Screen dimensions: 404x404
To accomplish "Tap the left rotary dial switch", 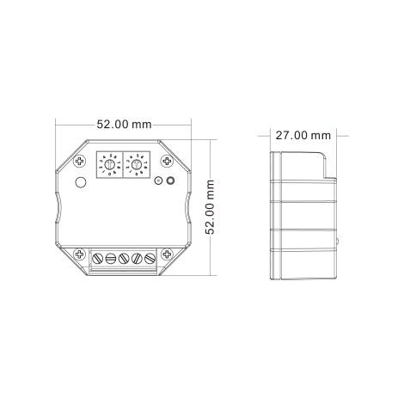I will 111,162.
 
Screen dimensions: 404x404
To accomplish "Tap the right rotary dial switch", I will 138,162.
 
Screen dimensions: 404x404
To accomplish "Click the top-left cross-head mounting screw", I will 79,162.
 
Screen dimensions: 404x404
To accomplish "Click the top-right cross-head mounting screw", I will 169,162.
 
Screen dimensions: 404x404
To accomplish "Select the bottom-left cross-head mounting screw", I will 79,254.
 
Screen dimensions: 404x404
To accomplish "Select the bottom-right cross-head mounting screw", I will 169,254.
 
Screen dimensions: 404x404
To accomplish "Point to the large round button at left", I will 80,182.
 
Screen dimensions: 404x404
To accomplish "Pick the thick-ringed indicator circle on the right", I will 169,181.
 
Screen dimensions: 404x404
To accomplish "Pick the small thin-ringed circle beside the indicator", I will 157,181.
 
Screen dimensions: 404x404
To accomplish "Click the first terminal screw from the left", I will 96,257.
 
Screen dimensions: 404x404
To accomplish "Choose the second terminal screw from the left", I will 110,257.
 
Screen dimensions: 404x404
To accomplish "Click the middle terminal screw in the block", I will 124,257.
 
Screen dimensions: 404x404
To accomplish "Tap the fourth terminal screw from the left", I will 138,257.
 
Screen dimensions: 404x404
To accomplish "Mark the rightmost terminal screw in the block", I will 151,257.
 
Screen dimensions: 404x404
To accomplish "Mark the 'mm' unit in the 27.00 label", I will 321,136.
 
